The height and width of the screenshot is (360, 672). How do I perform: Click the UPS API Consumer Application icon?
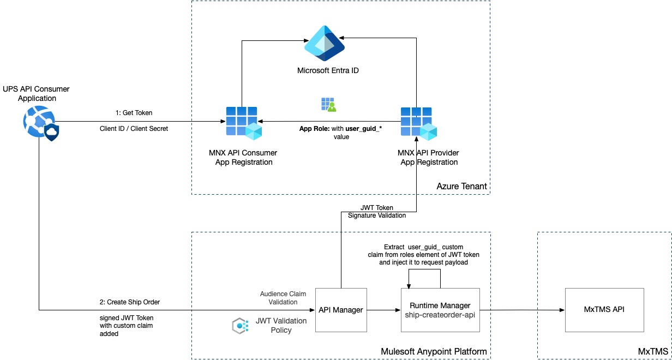39,122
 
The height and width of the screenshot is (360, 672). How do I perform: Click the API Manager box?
341,310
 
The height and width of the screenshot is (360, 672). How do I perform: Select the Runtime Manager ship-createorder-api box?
440,310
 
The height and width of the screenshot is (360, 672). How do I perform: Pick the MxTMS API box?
604,310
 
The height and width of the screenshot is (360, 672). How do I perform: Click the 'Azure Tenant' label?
461,187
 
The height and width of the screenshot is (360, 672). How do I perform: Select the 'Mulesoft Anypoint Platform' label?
434,351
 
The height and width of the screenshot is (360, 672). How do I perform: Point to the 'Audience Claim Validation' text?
279,298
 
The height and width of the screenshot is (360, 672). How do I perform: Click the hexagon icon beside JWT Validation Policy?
240,326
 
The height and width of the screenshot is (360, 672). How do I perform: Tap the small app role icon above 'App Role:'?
328,105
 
